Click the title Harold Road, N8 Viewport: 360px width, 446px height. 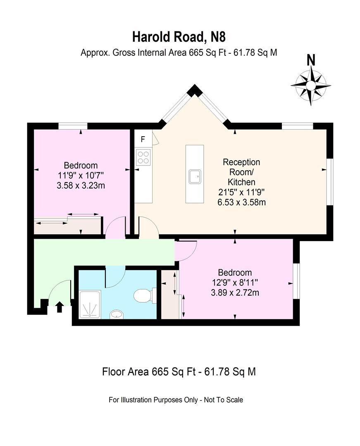pyautogui.click(x=179, y=37)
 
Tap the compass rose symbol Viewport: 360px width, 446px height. pyautogui.click(x=311, y=85)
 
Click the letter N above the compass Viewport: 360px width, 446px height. pyautogui.click(x=311, y=60)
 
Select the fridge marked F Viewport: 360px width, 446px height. pyautogui.click(x=143, y=139)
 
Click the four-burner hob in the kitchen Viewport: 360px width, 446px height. pyautogui.click(x=143, y=157)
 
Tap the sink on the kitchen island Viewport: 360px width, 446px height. pyautogui.click(x=195, y=176)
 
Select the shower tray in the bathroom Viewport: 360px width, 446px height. pyautogui.click(x=89, y=304)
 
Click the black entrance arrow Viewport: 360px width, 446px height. pyautogui.click(x=60, y=306)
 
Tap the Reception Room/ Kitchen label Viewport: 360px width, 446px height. pyautogui.click(x=241, y=172)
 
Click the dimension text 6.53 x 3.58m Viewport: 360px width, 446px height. pyautogui.click(x=241, y=202)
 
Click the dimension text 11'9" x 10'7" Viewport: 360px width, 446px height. pyautogui.click(x=81, y=175)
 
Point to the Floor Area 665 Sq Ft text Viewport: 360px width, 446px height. pyautogui.click(x=179, y=372)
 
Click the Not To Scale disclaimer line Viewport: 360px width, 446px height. pyautogui.click(x=176, y=400)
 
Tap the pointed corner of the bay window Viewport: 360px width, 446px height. pyautogui.click(x=193, y=90)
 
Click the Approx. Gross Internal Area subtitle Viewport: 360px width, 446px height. pyautogui.click(x=179, y=52)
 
